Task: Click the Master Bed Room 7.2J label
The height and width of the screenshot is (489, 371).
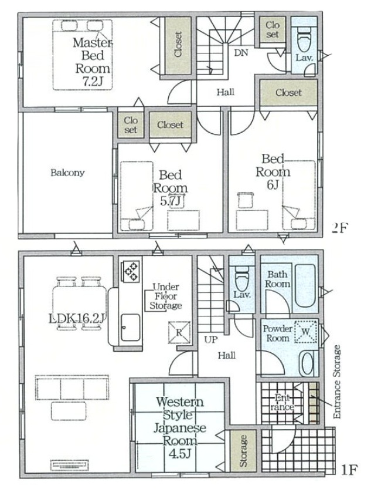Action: pyautogui.click(x=92, y=62)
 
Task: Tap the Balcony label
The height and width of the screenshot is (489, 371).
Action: pyautogui.click(x=67, y=173)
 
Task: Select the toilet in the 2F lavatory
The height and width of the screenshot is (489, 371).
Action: pyautogui.click(x=304, y=41)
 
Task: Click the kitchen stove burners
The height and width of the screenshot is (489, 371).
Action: pyautogui.click(x=131, y=271)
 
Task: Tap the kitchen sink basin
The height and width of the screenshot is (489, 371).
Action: pyautogui.click(x=130, y=328)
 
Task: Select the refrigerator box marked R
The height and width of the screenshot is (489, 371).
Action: pyautogui.click(x=179, y=332)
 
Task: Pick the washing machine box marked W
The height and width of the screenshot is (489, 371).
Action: pyautogui.click(x=305, y=332)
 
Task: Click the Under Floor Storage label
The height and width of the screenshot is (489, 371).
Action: pyautogui.click(x=166, y=296)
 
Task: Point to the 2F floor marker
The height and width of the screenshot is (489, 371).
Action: pyautogui.click(x=339, y=228)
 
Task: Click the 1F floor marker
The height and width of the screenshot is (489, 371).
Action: pyautogui.click(x=349, y=470)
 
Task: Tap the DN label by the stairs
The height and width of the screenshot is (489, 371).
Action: pyautogui.click(x=241, y=53)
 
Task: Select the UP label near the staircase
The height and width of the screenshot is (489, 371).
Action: pyautogui.click(x=211, y=340)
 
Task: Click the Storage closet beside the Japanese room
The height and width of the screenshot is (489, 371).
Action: pyautogui.click(x=243, y=451)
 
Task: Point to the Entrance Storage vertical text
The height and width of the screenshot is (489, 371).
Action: pyautogui.click(x=337, y=382)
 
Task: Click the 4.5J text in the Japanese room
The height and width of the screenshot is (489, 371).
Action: pyautogui.click(x=179, y=454)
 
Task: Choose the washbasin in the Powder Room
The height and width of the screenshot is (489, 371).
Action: pyautogui.click(x=307, y=364)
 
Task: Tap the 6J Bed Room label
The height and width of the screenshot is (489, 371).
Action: pyautogui.click(x=273, y=171)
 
